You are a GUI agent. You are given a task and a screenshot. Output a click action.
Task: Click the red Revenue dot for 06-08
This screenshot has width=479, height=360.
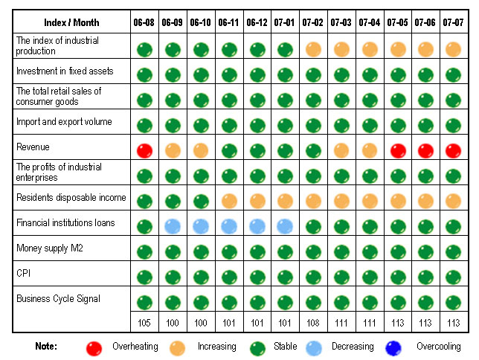point(144,150)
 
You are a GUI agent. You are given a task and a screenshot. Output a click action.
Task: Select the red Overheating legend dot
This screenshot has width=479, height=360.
point(94,347)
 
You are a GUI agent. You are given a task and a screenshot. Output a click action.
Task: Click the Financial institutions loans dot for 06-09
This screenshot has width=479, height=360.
point(172,225)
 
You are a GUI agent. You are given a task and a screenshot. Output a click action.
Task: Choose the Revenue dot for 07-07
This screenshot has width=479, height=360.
point(454,150)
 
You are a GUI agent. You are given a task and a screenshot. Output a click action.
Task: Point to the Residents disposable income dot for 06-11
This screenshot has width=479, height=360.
point(228,199)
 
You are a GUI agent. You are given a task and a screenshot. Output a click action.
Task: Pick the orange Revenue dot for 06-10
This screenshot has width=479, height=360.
point(200,150)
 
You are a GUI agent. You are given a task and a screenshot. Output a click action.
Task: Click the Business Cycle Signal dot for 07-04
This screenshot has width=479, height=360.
point(370,301)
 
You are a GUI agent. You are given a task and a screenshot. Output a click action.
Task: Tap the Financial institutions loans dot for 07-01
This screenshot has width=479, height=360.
point(285,225)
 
